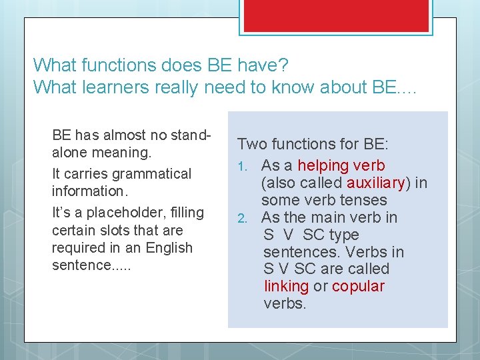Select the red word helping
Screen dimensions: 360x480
(323, 165)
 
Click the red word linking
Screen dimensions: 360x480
(286, 287)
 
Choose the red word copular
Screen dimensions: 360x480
(358, 287)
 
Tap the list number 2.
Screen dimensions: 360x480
(243, 218)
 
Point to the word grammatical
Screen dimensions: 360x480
(152, 174)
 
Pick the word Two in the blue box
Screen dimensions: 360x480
(251, 144)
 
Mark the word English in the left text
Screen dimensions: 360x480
(169, 248)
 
